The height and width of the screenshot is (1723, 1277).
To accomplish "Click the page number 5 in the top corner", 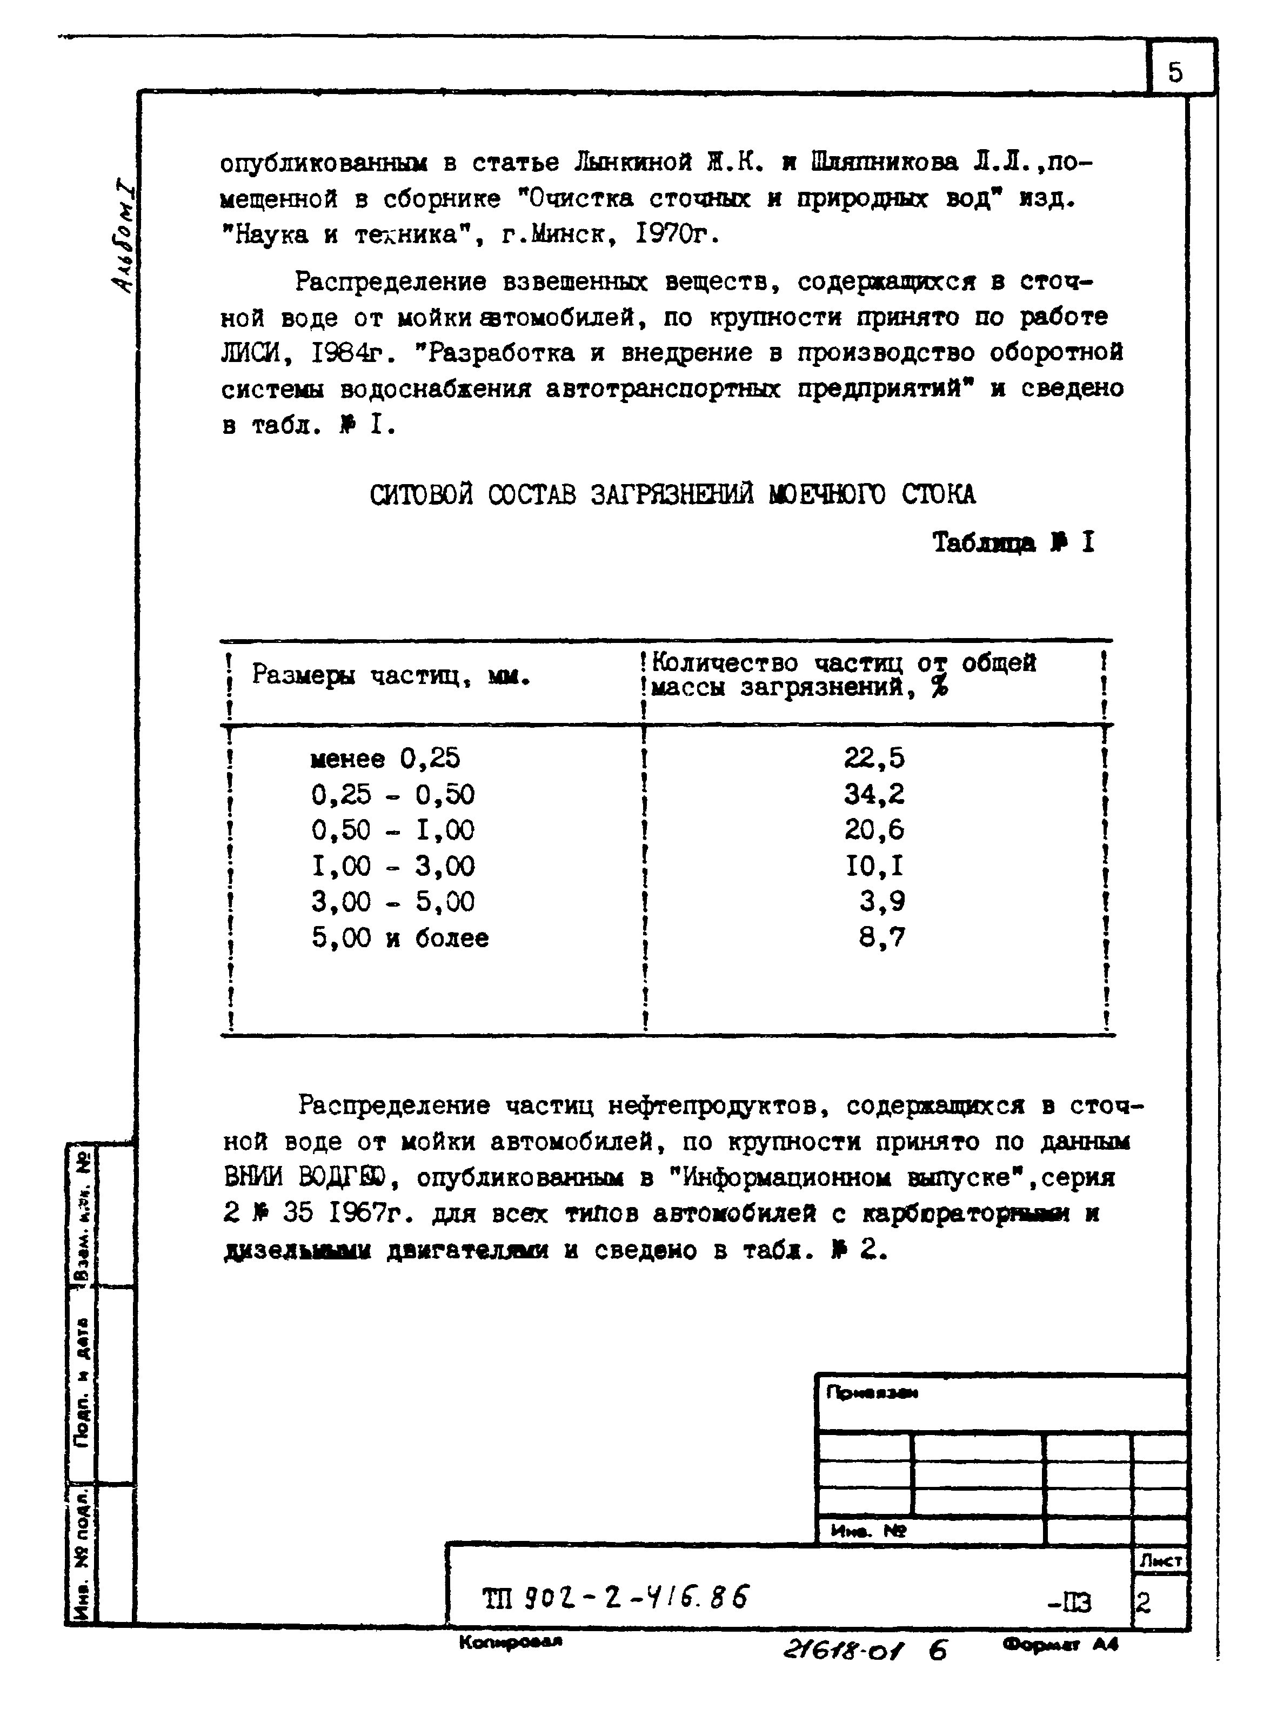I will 1175,72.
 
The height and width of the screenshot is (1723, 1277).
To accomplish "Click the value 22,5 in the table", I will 873,758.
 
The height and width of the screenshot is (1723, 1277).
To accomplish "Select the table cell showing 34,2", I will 873,794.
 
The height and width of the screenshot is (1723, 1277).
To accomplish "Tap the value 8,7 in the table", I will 881,937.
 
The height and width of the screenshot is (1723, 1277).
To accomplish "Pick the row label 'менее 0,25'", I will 384,759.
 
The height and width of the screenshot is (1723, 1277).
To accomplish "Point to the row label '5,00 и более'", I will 400,938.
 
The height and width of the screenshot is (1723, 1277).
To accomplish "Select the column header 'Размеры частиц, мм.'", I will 390,676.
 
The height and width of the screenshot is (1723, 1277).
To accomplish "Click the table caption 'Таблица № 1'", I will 1013,542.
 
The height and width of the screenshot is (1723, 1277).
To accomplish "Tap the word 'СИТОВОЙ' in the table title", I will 422,494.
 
